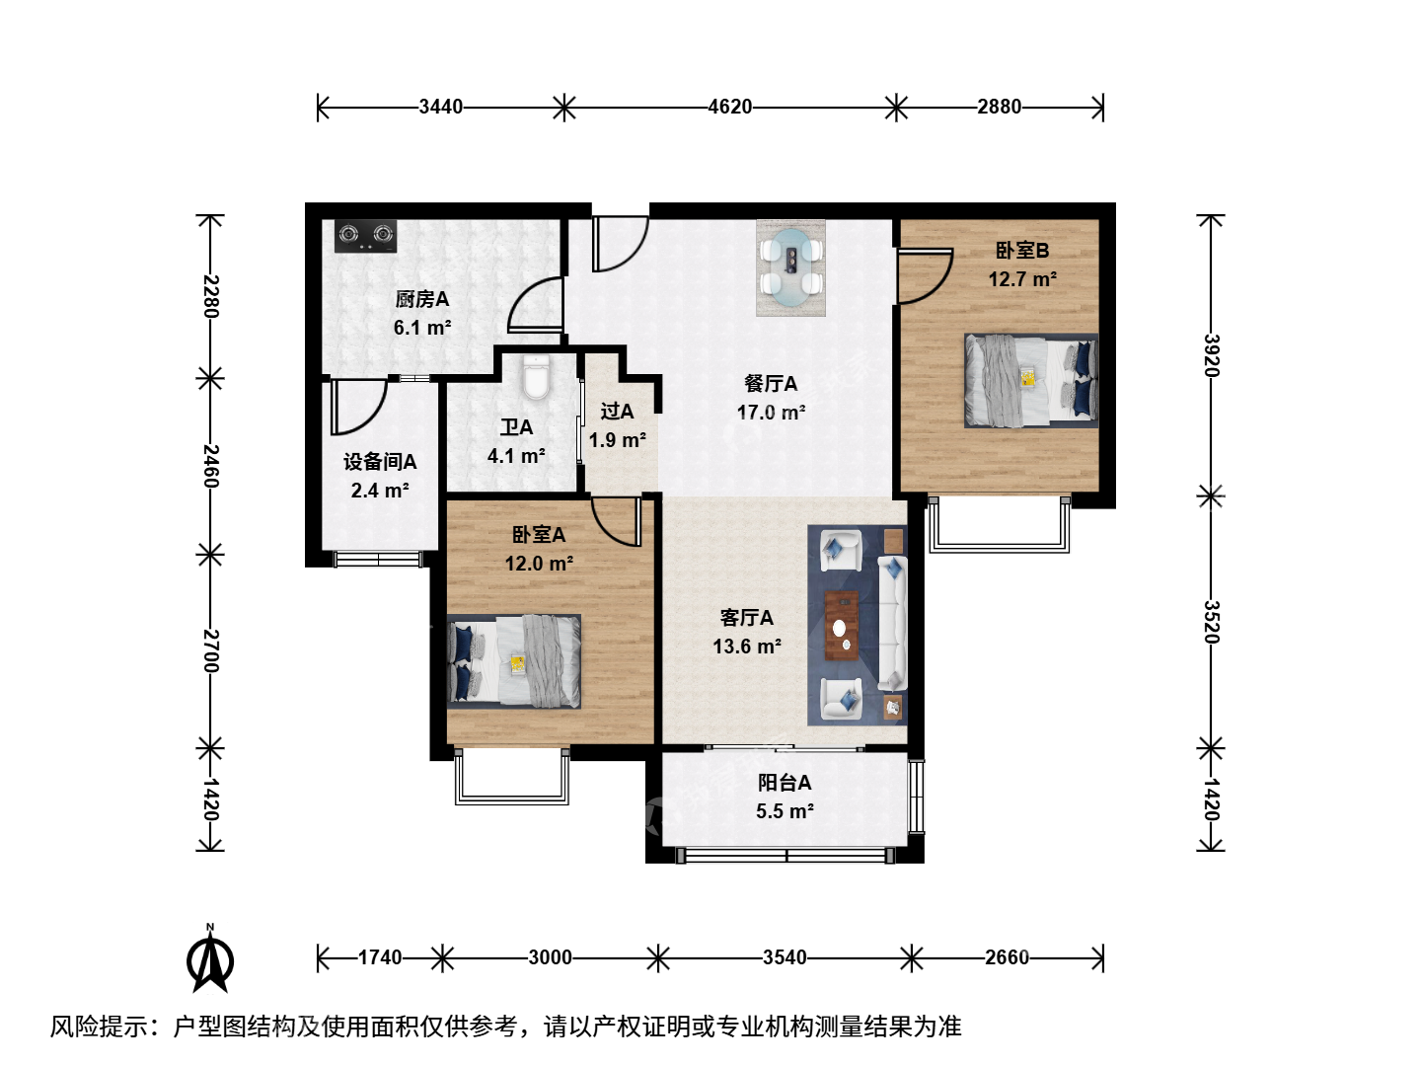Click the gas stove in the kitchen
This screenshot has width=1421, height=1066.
click(x=365, y=236)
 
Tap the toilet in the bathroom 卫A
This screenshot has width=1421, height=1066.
click(x=536, y=376)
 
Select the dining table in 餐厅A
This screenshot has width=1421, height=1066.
click(x=791, y=267)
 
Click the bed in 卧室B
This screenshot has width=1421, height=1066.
click(x=1030, y=381)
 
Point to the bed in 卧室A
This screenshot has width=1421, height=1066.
click(x=514, y=661)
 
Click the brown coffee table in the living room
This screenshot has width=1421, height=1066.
click(x=841, y=625)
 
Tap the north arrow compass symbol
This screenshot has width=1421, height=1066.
click(x=210, y=959)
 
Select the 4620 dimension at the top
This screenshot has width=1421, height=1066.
click(x=729, y=107)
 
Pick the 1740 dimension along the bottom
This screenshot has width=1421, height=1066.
click(x=380, y=957)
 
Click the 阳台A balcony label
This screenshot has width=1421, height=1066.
click(x=785, y=783)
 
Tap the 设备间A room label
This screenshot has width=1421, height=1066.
click(x=380, y=462)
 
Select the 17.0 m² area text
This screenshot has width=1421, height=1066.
click(x=771, y=413)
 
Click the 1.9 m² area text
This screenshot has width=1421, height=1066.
click(x=617, y=440)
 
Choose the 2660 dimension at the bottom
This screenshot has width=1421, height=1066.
click(x=1007, y=957)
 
